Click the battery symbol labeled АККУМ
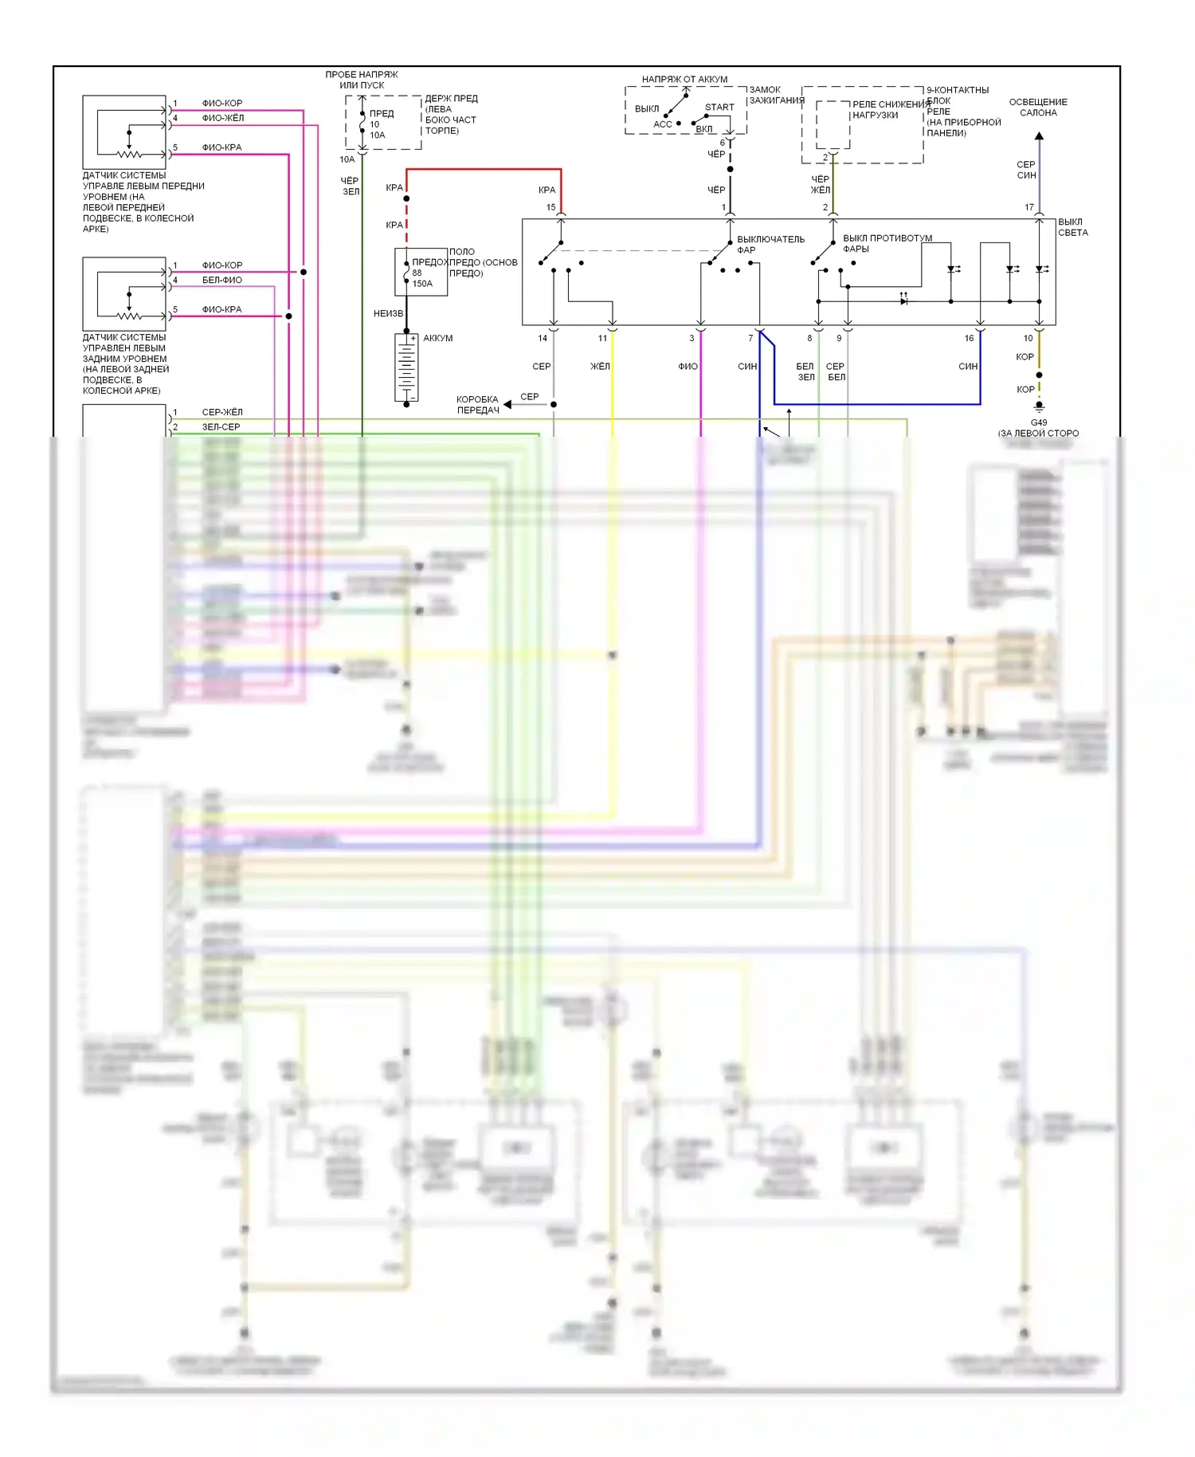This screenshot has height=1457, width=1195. (x=406, y=367)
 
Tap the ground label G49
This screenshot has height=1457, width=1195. (x=1039, y=422)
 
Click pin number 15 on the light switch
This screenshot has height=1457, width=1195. (x=550, y=207)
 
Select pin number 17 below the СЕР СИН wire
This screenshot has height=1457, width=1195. (x=1028, y=207)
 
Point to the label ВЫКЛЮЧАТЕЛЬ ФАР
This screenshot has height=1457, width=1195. (x=770, y=244)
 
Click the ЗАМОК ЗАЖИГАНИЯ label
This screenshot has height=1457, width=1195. (x=776, y=95)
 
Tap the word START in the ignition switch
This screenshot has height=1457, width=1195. (x=719, y=107)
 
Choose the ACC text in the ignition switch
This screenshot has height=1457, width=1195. (x=663, y=124)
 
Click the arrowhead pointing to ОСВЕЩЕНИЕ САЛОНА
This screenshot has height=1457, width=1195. (x=1039, y=136)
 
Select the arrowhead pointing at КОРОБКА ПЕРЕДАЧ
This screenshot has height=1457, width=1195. (x=507, y=404)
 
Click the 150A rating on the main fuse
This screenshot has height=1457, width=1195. (x=422, y=284)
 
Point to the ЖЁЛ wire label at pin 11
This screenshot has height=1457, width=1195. (x=600, y=367)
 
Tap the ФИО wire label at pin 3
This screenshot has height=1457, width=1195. (x=688, y=367)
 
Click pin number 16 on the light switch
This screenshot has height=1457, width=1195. (x=969, y=338)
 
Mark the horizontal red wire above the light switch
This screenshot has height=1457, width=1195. (x=484, y=169)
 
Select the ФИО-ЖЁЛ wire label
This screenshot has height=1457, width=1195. (x=222, y=118)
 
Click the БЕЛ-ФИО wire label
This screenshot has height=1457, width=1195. (x=221, y=280)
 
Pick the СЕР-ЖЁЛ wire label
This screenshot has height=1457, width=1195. (x=221, y=412)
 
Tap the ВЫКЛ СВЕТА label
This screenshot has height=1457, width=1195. (x=1072, y=227)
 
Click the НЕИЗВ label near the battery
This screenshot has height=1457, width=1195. (x=388, y=313)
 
